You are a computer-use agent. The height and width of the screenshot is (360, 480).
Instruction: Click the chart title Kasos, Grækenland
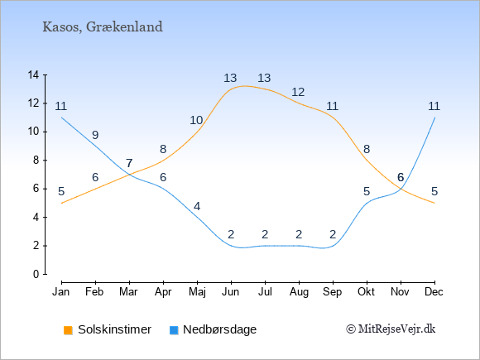[x=103, y=27]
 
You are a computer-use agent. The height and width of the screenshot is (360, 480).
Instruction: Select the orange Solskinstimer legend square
[x=68, y=330]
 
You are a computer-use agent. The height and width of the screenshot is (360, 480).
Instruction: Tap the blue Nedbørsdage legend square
[x=174, y=330]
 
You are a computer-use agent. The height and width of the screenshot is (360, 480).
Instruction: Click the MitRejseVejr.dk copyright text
[x=391, y=329]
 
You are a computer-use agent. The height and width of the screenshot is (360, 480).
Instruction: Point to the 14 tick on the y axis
[x=33, y=74]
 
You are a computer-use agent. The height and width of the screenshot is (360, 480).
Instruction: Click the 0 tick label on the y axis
[x=36, y=274]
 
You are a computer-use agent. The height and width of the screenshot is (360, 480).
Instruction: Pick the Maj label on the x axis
[x=197, y=292]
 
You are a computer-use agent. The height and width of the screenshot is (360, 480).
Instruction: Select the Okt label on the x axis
[x=366, y=292]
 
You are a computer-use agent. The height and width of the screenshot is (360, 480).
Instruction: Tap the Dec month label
[x=434, y=292]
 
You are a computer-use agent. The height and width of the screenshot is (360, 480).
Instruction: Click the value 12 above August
[x=298, y=92]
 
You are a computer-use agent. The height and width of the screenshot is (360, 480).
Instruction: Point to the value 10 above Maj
[x=196, y=120]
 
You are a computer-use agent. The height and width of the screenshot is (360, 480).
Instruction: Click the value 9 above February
[x=95, y=135]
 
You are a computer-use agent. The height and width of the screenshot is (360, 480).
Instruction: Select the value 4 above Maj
[x=197, y=206]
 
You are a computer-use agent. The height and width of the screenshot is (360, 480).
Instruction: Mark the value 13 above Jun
[x=230, y=78]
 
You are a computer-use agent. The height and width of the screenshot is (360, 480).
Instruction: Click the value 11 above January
[x=61, y=106]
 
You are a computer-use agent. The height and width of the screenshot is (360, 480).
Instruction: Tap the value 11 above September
[x=332, y=106]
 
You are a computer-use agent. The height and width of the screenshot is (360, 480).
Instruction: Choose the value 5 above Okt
[x=367, y=192]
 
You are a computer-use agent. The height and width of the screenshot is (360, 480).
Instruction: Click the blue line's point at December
[x=434, y=118]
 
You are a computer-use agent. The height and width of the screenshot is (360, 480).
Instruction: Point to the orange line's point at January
[x=62, y=203]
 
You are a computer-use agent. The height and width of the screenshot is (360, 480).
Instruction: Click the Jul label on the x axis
[x=265, y=292]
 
